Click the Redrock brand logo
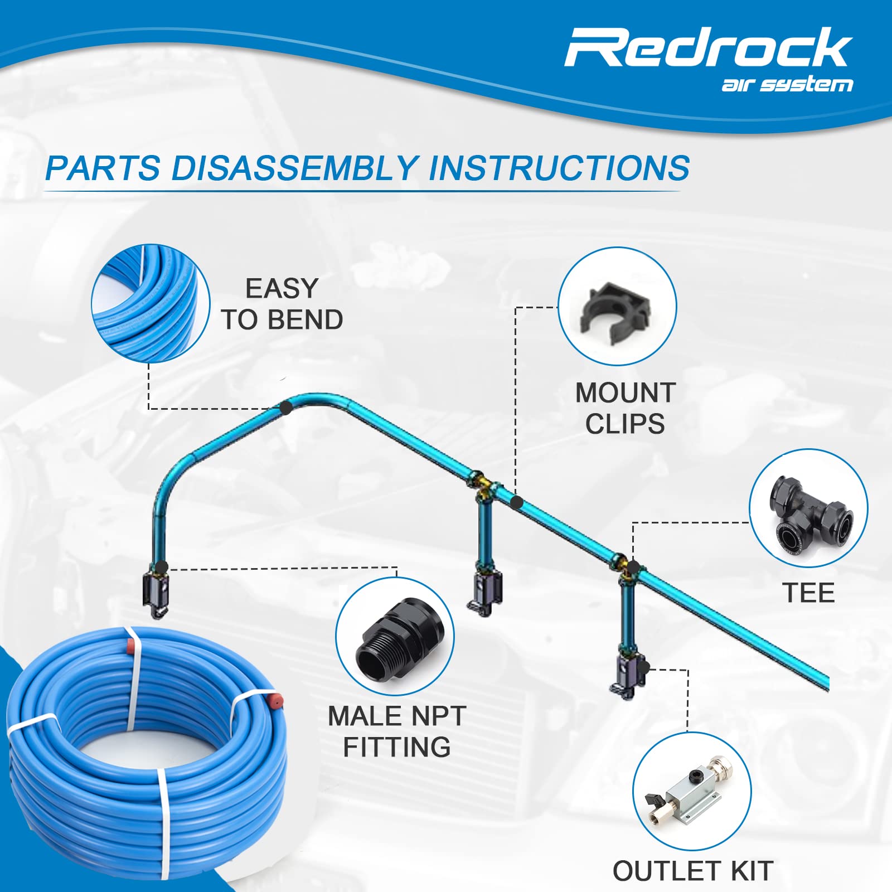708,49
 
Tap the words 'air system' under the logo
787,85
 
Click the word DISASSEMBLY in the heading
295,168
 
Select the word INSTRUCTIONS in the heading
559,168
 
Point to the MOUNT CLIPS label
625,408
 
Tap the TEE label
808,593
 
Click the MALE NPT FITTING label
396,731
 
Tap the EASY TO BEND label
282,304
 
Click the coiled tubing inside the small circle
150,303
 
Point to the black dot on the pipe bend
286,408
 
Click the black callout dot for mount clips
517,502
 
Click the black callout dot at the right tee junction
633,568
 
